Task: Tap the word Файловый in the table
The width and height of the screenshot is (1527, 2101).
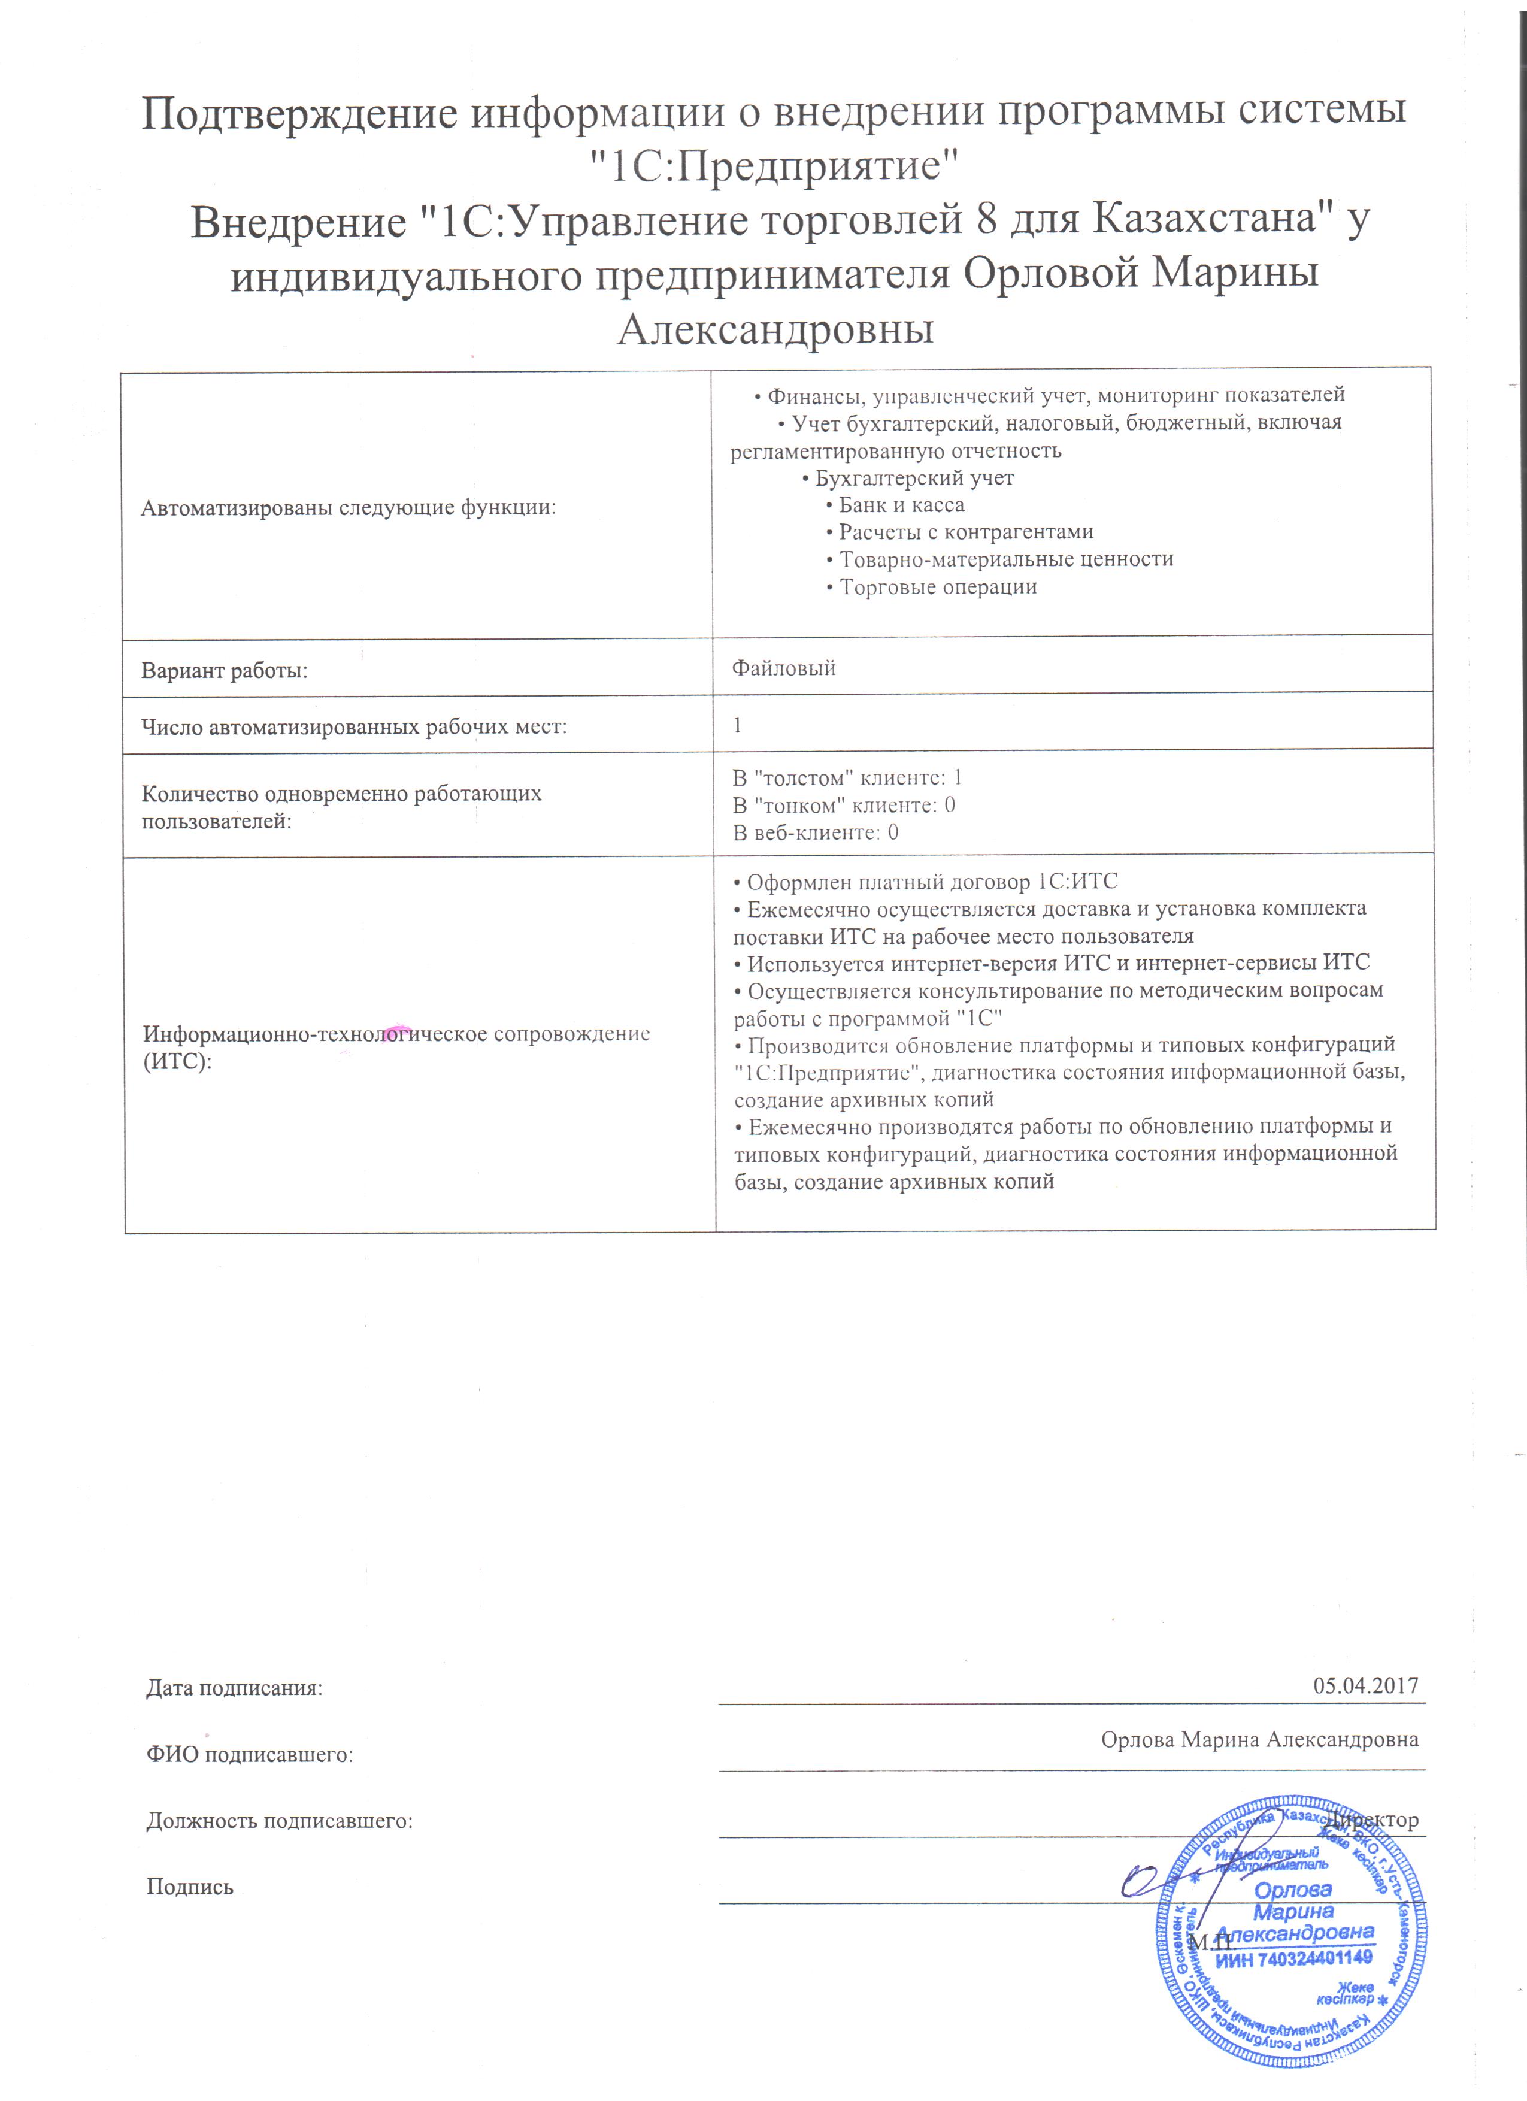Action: (x=783, y=668)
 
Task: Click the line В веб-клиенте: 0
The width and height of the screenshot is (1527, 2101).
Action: (x=815, y=832)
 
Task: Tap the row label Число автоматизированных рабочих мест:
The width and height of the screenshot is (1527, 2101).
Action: (x=354, y=726)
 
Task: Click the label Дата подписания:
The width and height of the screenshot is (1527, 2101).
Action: (x=234, y=1688)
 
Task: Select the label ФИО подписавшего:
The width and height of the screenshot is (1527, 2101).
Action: (x=250, y=1754)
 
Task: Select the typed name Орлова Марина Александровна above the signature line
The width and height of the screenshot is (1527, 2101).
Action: (x=1259, y=1739)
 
